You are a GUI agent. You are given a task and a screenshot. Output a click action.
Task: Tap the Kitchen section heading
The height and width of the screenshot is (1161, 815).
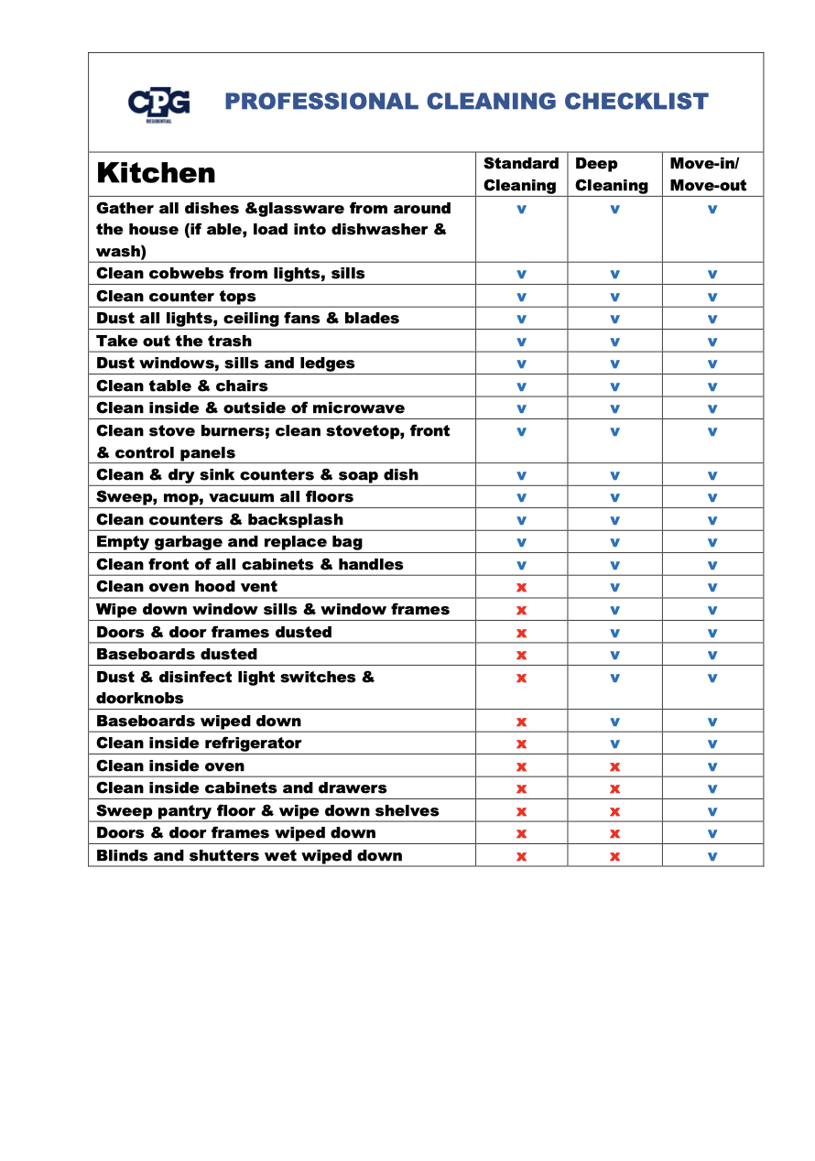click(156, 173)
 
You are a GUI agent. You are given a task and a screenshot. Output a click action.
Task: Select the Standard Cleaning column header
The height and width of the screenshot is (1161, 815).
click(521, 174)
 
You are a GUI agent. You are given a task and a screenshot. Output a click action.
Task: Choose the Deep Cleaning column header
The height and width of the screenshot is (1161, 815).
click(611, 174)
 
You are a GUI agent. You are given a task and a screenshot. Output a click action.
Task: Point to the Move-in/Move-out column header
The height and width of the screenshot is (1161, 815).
click(708, 174)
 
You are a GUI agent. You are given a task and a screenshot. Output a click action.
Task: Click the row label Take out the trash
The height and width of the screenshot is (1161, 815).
click(174, 341)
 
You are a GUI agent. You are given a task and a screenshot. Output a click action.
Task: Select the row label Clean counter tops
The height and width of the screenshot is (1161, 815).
click(176, 296)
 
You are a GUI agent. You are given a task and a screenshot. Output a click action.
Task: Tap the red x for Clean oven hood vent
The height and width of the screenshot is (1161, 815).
click(521, 587)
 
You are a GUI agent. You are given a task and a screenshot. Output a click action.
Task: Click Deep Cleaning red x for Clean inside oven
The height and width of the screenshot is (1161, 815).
click(614, 766)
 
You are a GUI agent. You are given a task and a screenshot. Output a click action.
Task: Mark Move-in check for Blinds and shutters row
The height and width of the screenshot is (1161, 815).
click(712, 856)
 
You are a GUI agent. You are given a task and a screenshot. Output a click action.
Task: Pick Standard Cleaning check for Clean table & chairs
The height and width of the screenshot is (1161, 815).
click(521, 386)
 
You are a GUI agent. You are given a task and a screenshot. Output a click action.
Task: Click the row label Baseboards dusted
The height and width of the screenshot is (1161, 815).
click(177, 654)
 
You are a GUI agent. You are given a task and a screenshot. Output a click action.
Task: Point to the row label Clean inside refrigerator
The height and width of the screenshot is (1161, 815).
click(199, 743)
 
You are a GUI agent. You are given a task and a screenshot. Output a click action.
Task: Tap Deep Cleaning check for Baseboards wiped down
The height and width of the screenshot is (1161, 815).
click(614, 722)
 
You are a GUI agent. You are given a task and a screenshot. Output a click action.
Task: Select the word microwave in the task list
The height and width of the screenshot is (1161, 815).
click(358, 407)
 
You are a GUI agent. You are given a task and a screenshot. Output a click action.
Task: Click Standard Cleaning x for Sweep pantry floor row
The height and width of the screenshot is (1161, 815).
click(521, 811)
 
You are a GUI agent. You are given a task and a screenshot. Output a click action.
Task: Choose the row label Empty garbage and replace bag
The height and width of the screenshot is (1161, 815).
click(229, 541)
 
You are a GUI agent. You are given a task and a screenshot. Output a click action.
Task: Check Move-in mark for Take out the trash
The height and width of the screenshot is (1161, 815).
click(712, 342)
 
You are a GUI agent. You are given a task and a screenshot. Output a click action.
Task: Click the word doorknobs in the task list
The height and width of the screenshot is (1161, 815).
click(140, 698)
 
